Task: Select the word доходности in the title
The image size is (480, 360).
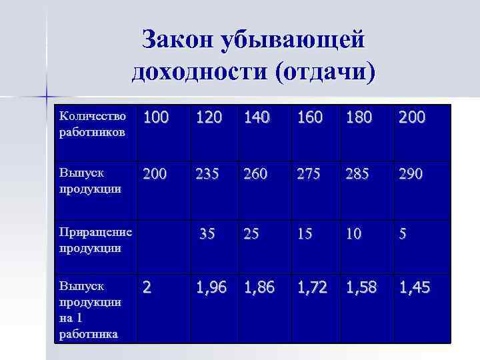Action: [x=198, y=71]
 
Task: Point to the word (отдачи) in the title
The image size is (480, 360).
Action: [x=324, y=71]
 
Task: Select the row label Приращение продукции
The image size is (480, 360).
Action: [x=95, y=240]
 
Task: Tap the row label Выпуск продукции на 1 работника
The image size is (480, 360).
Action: [x=90, y=310]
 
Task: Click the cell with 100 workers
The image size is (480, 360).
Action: [x=155, y=119]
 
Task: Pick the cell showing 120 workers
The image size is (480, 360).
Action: [x=209, y=119]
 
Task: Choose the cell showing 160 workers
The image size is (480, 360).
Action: [x=310, y=119]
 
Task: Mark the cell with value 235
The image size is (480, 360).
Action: [x=209, y=175]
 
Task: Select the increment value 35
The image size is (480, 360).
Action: [x=207, y=234]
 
